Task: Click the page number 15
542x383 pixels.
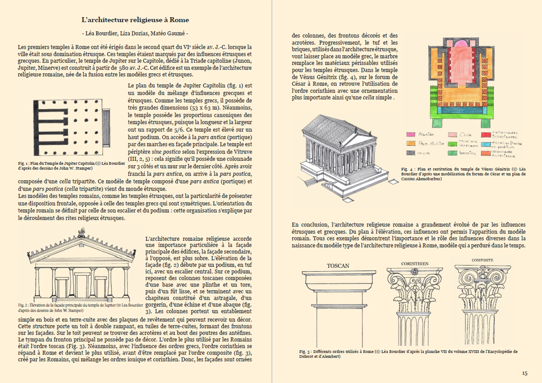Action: (524, 373)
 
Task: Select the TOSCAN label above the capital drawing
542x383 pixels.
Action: (338, 266)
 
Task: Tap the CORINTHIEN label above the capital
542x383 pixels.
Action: (414, 264)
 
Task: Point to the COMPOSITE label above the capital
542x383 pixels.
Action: (482, 260)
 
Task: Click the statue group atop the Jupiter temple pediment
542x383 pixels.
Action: (82, 232)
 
